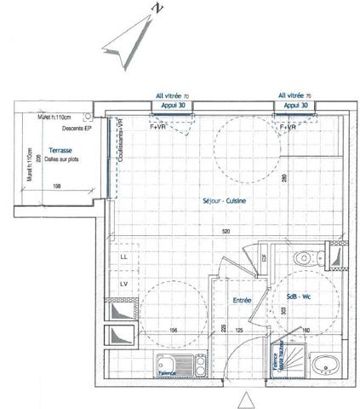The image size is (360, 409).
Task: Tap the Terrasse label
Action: click(x=60, y=149)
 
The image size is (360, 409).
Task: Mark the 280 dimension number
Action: click(x=283, y=180)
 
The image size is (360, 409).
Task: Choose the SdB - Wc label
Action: click(x=300, y=291)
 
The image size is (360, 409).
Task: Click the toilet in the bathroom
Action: click(x=305, y=257)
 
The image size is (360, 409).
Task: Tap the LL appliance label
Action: click(x=123, y=256)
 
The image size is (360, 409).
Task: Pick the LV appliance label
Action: click(x=123, y=283)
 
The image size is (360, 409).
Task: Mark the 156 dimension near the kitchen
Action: click(x=173, y=331)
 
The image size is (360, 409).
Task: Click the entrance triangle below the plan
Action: click(x=246, y=399)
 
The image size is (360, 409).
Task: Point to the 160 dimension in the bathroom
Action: click(x=305, y=331)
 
